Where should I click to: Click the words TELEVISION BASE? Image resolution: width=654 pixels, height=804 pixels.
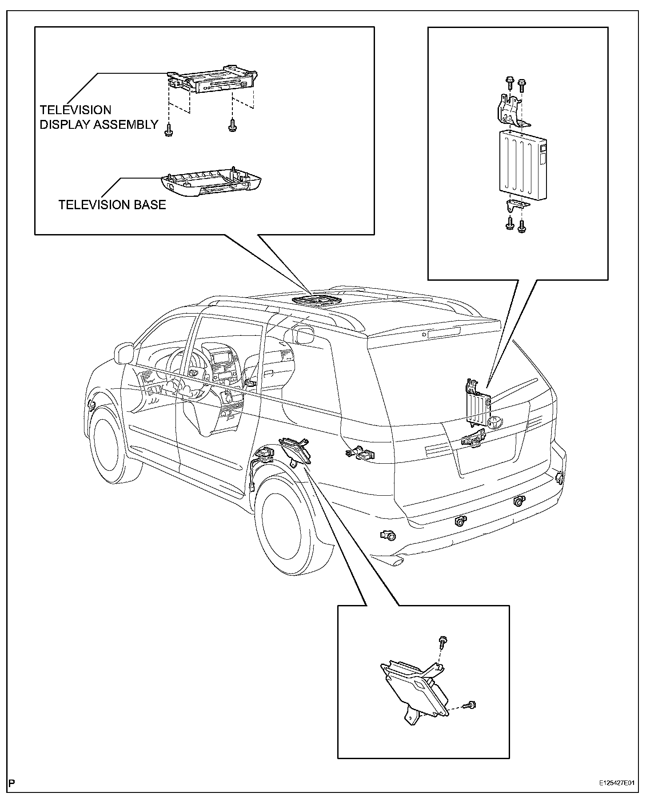(x=112, y=205)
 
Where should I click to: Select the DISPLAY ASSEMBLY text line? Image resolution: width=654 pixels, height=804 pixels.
(x=99, y=125)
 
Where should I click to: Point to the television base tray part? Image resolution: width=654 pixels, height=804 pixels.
(x=211, y=183)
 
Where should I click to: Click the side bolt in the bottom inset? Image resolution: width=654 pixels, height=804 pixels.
(x=470, y=704)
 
